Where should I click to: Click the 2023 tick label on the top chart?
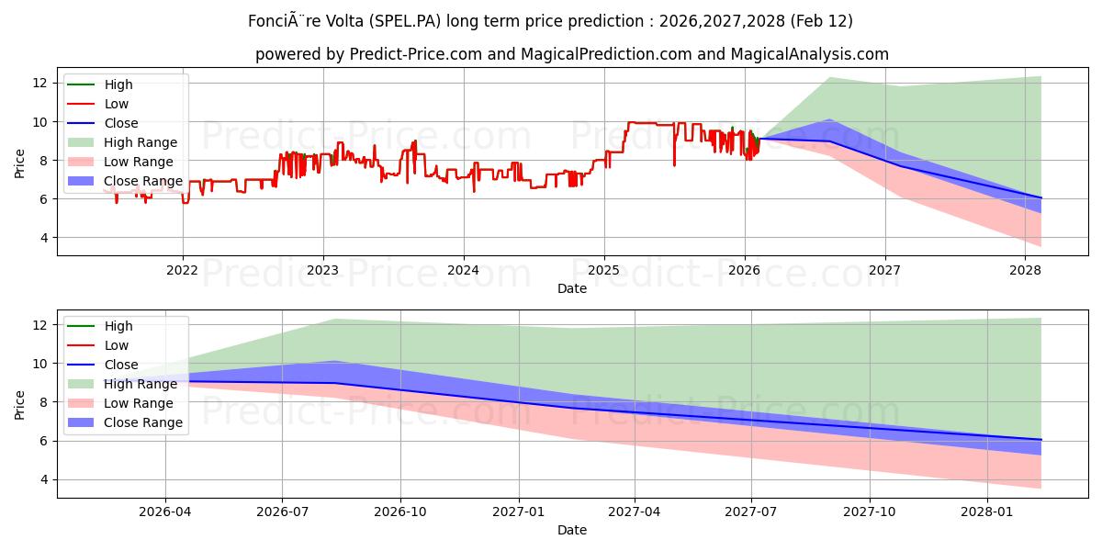point(322,270)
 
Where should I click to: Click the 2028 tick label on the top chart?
point(1025,270)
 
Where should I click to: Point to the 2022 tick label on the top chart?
point(182,270)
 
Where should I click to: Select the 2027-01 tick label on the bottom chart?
point(519,512)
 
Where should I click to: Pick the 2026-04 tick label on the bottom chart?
point(165,512)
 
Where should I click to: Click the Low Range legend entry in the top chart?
point(138,162)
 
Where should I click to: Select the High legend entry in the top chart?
point(118,84)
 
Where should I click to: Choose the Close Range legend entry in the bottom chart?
point(143,422)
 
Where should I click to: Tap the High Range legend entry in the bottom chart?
point(141,384)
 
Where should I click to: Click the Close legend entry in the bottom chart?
point(121,365)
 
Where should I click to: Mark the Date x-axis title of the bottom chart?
point(571,530)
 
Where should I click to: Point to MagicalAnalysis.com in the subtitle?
point(809,54)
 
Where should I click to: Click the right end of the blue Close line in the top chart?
point(1040,197)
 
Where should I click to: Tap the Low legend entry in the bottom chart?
point(117,345)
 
